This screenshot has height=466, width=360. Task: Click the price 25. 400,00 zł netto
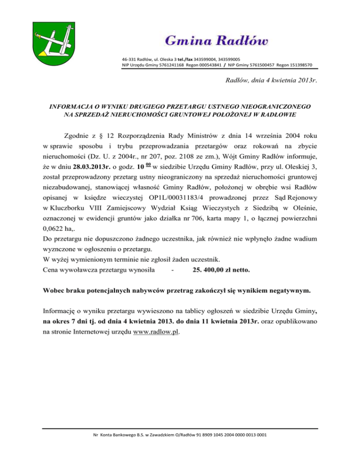tap(221, 271)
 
